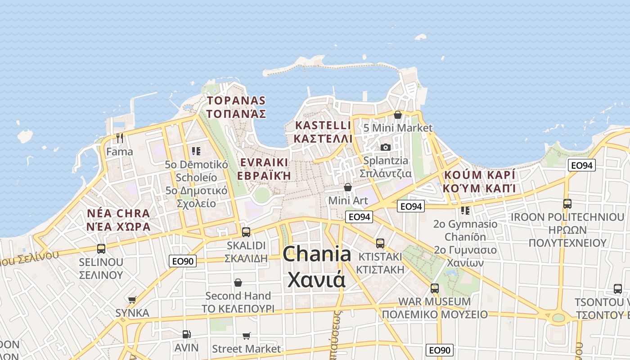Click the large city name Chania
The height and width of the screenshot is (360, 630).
pos(317,255)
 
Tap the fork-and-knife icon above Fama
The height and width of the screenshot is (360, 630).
pos(119,138)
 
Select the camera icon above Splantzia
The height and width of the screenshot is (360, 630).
pos(386,147)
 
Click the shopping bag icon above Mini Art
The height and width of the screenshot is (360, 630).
pos(347,187)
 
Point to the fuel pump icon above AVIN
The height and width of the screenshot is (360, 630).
pos(186,334)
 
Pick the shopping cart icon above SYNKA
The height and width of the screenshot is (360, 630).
pos(132,300)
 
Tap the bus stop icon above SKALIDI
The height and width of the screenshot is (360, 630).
pos(246,232)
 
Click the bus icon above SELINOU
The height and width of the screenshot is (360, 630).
pos(101,248)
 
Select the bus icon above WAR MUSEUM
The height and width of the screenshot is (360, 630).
pos(434,288)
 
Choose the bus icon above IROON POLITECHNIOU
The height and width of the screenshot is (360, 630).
pos(567,204)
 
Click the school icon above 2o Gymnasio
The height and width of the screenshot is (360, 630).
pos(465,210)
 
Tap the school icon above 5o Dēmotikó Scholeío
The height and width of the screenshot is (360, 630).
pos(196,151)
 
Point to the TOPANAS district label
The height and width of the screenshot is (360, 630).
pos(236,101)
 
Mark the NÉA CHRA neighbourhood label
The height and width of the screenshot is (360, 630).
pos(118,213)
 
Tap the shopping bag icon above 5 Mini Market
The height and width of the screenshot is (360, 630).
pos(397,115)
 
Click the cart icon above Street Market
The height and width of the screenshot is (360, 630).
pos(246,336)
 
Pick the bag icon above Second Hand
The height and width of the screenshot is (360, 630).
pos(238,283)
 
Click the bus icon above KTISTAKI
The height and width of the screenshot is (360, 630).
pos(380,243)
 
